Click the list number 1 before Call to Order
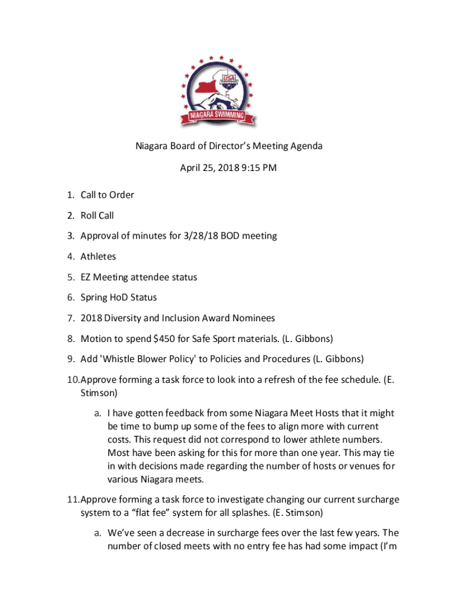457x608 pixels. click(x=69, y=195)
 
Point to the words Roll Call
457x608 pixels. click(x=97, y=216)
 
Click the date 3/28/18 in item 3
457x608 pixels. click(x=206, y=236)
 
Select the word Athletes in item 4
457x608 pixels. click(x=99, y=256)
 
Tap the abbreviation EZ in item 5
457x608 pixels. click(x=86, y=277)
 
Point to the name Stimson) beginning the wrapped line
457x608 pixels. click(x=99, y=393)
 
